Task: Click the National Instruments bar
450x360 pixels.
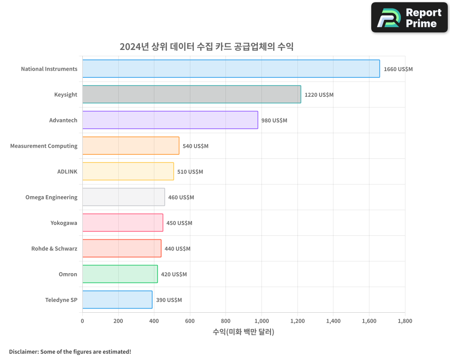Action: click(x=231, y=69)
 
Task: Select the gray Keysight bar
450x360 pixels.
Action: click(x=191, y=94)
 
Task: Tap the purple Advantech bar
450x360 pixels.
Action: click(x=170, y=120)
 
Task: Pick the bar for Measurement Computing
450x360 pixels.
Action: click(x=130, y=146)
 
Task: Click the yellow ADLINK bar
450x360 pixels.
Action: click(x=128, y=171)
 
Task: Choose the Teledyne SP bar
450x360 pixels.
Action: click(x=117, y=300)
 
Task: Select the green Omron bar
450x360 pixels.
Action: click(x=120, y=274)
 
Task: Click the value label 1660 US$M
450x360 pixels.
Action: click(x=398, y=69)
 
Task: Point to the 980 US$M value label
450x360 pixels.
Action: click(x=274, y=121)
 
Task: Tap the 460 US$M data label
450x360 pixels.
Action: click(x=181, y=198)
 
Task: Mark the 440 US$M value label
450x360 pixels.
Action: click(x=177, y=249)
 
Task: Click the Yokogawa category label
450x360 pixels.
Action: click(x=63, y=223)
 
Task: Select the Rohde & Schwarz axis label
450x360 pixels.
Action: click(x=54, y=248)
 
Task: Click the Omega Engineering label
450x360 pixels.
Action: click(x=51, y=197)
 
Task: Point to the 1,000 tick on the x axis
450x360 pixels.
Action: click(x=261, y=321)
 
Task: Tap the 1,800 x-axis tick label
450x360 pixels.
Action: click(x=405, y=321)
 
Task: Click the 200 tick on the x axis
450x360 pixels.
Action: click(x=118, y=321)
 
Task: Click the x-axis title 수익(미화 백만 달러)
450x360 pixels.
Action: click(x=243, y=332)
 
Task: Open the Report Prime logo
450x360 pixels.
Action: click(x=409, y=18)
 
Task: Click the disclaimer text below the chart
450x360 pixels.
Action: click(x=70, y=351)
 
